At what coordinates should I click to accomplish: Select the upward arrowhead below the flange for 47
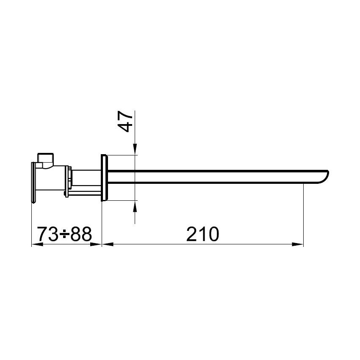pos(135,205)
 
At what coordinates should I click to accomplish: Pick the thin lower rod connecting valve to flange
pos(85,194)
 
